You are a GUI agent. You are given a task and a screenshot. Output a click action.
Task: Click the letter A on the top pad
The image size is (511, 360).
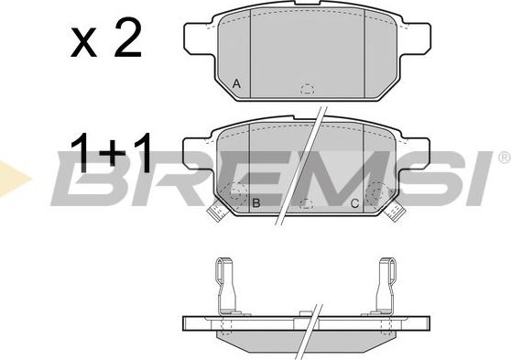(x=236, y=84)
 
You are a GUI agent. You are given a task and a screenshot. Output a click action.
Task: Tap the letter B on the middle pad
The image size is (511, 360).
(x=256, y=203)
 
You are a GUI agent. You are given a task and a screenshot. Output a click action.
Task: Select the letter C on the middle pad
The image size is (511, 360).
(x=354, y=203)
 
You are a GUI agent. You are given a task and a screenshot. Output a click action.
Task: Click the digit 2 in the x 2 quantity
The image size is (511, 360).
(x=128, y=38)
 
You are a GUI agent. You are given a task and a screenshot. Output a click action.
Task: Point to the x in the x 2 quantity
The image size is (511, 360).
(x=83, y=42)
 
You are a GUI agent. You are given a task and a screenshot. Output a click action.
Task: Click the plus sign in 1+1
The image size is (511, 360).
(x=113, y=153)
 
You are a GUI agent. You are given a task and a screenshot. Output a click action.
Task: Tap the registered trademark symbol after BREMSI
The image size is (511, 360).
(x=505, y=158)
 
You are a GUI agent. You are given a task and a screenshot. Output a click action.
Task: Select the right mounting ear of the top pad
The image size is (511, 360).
(x=416, y=38)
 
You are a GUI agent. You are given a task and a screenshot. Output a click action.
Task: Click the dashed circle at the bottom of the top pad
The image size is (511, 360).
(x=308, y=89)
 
